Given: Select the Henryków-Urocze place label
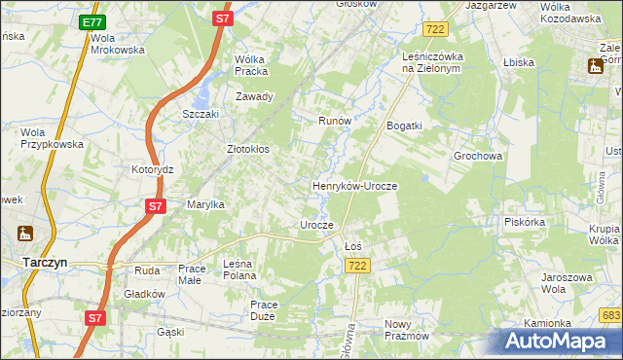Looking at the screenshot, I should pos(354,185).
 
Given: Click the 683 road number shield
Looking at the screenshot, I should pos(611,314).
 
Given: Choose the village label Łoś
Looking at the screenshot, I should pos(353,246).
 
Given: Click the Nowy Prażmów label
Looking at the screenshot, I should pos(406,330).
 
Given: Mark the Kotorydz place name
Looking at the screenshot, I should pos(152,169).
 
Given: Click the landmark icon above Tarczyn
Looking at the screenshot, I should pos(25,234).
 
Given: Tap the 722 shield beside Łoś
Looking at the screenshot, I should pos(358,266).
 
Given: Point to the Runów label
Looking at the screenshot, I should pos(334,121).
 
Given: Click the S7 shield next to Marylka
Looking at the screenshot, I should pos(155,206).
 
